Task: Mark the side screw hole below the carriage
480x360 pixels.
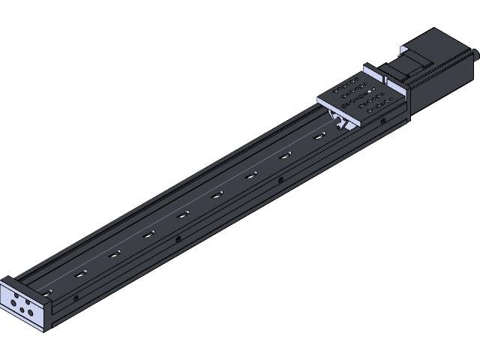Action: click(x=383, y=120)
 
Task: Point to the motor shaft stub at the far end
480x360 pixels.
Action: click(x=474, y=53)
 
